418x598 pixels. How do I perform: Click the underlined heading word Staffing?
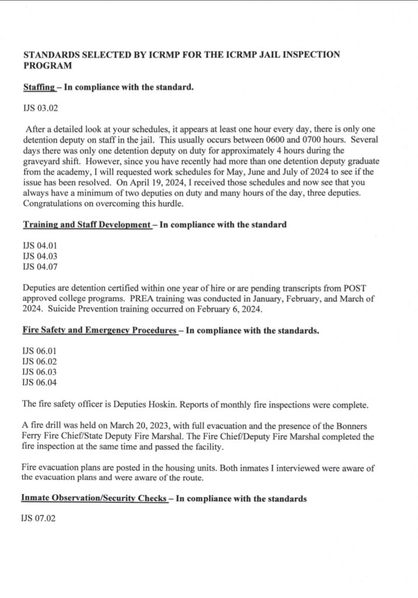[x=39, y=88]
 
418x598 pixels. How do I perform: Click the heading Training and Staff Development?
[x=86, y=225]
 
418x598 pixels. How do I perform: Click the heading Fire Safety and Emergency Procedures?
[x=99, y=331]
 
